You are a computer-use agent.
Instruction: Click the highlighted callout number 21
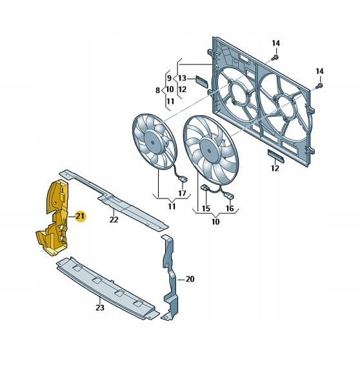80,216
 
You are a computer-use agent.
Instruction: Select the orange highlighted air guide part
55,218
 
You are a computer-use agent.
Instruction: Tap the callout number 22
114,220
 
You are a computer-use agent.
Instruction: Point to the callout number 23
100,307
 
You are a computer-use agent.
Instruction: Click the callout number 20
190,279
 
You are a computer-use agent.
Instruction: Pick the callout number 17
182,193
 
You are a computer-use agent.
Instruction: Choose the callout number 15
206,208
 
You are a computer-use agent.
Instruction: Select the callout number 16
230,208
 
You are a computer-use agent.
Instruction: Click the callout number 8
157,90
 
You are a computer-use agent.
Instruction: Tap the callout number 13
182,78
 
